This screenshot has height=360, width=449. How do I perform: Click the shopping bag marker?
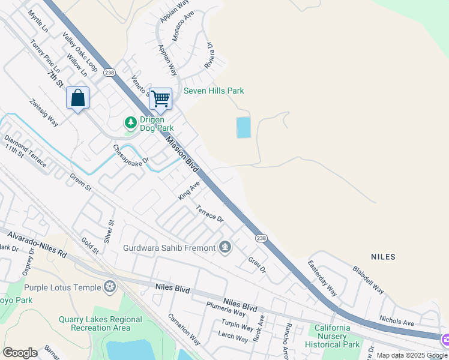[x=78, y=98]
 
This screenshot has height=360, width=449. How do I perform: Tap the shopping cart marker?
[x=160, y=98]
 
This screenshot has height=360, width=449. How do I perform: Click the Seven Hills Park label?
[x=214, y=91]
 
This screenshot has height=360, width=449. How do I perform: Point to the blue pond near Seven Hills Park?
[x=244, y=127]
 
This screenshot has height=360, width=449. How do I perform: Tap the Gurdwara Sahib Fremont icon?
[x=225, y=247]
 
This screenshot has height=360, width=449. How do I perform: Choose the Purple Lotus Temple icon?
[x=110, y=287]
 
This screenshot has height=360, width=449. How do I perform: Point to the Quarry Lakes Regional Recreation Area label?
[x=101, y=323]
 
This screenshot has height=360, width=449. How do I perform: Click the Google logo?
[x=20, y=352]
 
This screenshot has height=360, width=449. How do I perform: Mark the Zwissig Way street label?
[x=44, y=112]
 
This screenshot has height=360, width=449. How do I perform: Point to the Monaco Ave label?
[x=183, y=26]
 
